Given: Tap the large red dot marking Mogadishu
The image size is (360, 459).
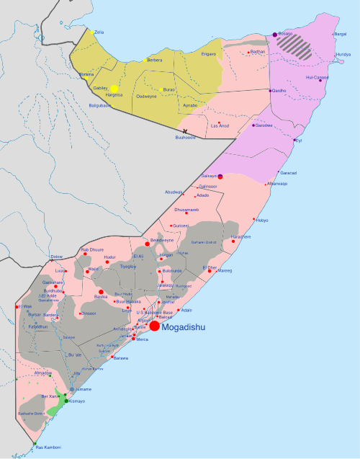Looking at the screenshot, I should click(155, 326).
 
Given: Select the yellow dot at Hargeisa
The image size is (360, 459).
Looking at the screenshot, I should click(114, 89).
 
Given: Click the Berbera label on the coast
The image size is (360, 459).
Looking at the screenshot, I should click(155, 61).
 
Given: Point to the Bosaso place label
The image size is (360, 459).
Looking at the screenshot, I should click(286, 34).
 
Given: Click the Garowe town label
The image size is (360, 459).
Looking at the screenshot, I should click(264, 125).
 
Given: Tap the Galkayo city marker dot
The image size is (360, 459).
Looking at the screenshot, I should click(220, 177).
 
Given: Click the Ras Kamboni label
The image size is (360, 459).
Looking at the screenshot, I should click(49, 447).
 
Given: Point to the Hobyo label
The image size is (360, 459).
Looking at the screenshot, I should click(262, 220).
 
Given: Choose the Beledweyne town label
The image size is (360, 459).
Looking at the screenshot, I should click(162, 240).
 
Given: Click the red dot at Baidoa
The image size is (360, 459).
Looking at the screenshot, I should click(101, 291).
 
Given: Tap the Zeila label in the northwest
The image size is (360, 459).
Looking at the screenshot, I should click(99, 32).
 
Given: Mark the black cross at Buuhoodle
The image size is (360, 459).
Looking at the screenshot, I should click(184, 130).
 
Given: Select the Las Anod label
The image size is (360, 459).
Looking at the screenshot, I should click(220, 126).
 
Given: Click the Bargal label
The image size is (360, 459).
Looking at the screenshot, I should click(340, 34).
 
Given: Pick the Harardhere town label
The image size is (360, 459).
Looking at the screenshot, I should click(240, 236).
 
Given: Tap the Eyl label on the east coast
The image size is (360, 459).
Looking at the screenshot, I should click(299, 141).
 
